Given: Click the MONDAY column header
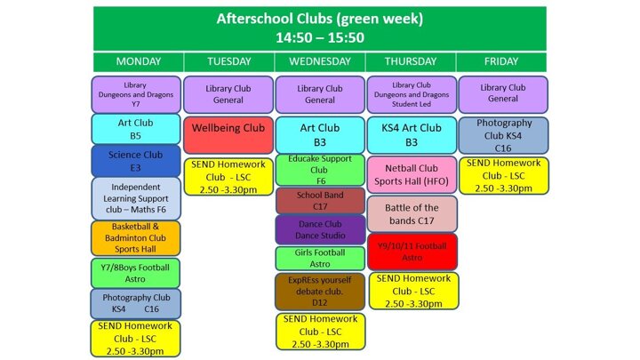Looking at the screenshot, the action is coord(139,62).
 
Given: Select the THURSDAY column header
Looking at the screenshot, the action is coord(411,62).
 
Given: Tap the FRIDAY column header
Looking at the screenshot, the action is coord(501,62).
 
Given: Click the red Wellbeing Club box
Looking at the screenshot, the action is coord(228,135).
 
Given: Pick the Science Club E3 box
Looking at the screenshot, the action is coord(135,161).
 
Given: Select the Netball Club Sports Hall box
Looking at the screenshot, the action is coord(412,175).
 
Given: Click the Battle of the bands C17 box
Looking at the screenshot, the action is coord(412,214).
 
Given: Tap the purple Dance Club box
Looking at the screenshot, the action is coord(320,230).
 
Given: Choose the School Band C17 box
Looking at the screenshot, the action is coord(320,201).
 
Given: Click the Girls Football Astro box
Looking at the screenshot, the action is coord(320,259).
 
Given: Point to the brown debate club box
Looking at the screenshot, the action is coord(320,292).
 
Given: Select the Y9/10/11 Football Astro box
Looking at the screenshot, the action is coord(412,252).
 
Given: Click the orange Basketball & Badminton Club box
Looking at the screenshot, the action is coord(135,238).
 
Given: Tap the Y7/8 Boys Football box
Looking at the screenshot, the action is coord(135,273).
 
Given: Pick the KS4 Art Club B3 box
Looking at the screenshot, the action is coord(412,135).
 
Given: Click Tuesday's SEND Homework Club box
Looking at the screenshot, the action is coord(228,177).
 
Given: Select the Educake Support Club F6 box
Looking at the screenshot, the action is coord(320,170).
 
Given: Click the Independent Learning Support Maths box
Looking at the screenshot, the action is coord(136,198).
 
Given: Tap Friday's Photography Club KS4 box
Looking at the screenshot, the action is coord(504,135).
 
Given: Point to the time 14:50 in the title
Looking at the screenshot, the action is coord(292,37).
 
